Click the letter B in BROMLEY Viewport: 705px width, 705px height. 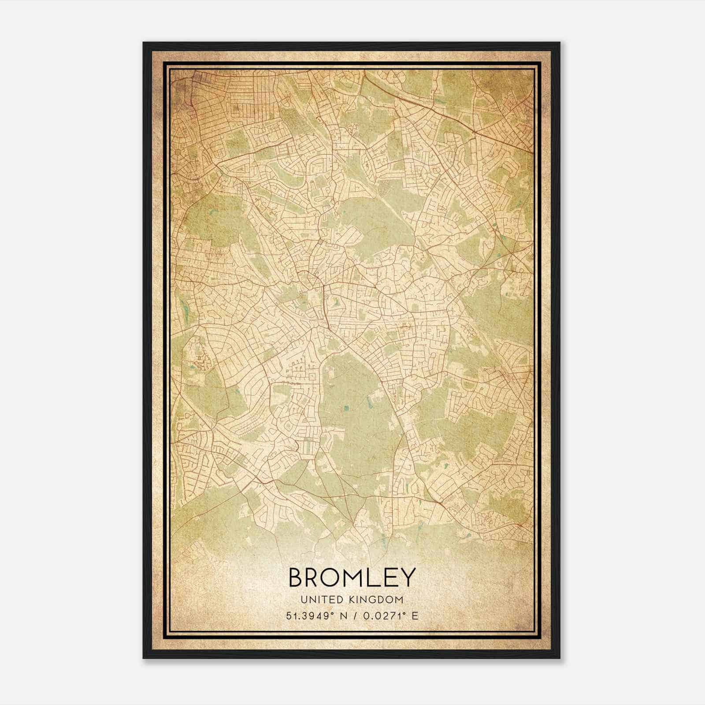click(296, 578)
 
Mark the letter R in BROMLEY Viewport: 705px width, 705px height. click(313, 578)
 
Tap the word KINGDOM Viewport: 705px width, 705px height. click(379, 600)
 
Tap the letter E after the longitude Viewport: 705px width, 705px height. click(415, 616)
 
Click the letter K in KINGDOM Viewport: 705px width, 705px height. click(356, 600)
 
